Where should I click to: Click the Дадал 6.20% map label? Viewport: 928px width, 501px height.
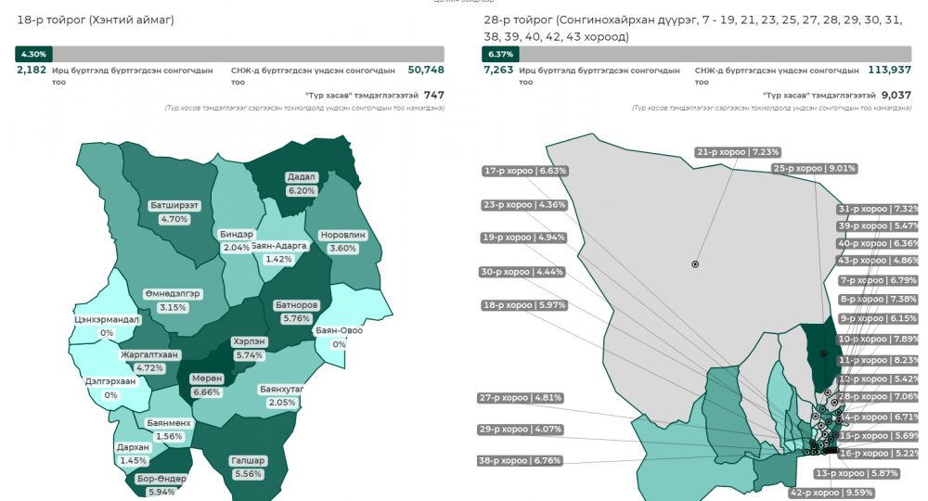pos(303,184)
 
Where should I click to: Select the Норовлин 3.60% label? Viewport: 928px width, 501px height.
pos(342,241)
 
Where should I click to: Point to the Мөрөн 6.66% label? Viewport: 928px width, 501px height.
pos(206,385)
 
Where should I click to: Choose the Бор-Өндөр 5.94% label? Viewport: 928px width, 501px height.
pos(161,485)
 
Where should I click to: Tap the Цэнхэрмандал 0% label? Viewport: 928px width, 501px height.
pos(107,326)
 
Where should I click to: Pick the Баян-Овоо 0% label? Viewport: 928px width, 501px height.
pos(339,337)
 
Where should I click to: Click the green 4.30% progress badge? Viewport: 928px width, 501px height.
pos(32,54)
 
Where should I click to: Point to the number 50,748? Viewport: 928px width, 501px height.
pos(426,70)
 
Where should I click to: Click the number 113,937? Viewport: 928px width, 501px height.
pos(889,70)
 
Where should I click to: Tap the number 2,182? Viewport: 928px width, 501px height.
pos(31,70)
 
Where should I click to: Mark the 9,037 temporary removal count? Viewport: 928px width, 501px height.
pos(896,95)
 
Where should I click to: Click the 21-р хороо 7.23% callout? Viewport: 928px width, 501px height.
pos(738,151)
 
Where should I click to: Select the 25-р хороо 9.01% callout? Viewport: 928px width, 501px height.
pos(814,168)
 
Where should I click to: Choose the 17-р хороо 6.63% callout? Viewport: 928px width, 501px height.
pos(524,171)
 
